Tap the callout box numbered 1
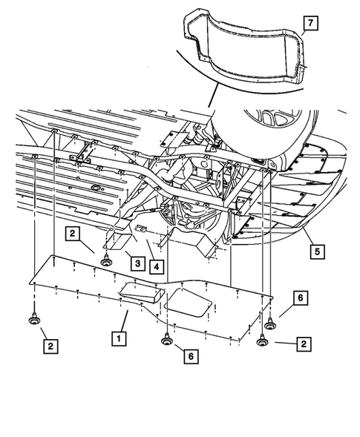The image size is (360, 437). pyautogui.click(x=117, y=336)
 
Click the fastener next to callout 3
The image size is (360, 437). pyautogui.click(x=105, y=261)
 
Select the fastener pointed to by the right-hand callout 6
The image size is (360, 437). pyautogui.click(x=269, y=325)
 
